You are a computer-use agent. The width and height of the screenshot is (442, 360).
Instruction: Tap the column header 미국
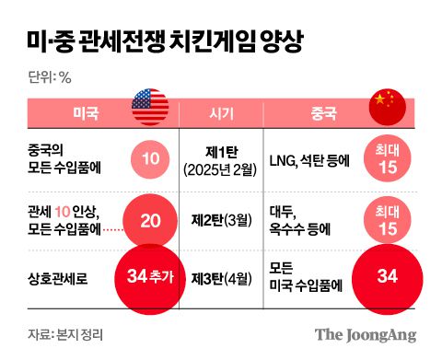pyautogui.click(x=87, y=113)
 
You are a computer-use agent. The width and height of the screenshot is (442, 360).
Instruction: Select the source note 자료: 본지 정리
pyautogui.click(x=64, y=333)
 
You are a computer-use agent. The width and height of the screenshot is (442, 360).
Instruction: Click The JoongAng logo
pyautogui.click(x=366, y=333)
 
